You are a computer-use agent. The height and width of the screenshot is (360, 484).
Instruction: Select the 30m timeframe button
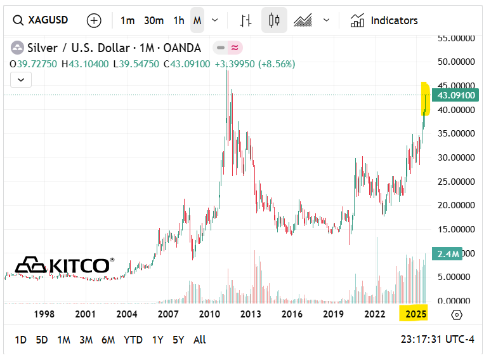tap(154, 20)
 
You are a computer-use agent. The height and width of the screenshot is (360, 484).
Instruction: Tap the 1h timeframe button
tap(179, 20)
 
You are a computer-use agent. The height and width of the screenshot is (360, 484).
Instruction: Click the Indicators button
tap(384, 20)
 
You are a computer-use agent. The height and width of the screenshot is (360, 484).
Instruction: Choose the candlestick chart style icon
tap(274, 20)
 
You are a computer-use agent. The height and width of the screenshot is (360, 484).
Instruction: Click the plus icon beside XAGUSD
tap(94, 20)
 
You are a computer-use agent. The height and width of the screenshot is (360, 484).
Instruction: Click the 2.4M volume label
tap(447, 254)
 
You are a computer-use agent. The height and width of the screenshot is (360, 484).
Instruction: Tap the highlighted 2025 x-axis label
tap(415, 314)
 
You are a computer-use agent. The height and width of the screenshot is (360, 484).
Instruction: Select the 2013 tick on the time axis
tap(251, 314)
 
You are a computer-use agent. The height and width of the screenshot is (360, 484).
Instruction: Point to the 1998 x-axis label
tap(44, 314)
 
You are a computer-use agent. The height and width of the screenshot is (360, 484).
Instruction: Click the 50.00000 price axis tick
tap(457, 62)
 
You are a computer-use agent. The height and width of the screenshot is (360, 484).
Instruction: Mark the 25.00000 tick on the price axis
tap(457, 182)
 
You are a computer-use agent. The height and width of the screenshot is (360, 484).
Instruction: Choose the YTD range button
tap(133, 340)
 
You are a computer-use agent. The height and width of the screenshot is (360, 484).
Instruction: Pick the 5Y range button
tap(178, 340)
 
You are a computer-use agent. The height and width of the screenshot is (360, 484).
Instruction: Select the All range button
tap(199, 340)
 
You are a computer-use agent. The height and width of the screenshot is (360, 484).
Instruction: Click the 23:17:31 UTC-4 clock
tap(437, 340)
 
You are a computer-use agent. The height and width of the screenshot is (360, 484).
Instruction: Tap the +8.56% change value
tap(277, 64)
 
